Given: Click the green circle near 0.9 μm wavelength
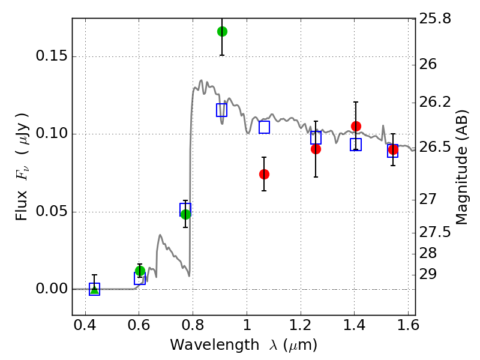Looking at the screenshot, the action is (x=222, y=31).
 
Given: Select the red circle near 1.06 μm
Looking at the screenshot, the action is (x=264, y=174).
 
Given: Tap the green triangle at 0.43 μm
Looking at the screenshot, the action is (x=95, y=289).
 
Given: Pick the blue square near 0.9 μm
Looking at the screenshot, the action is (x=221, y=110).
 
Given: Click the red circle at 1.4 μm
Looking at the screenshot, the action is (x=356, y=126).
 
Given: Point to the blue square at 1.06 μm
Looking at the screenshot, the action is (x=264, y=127).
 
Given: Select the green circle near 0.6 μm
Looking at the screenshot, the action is (x=140, y=271).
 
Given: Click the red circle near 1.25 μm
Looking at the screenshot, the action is (x=316, y=149).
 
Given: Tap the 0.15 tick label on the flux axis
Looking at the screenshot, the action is (x=52, y=56).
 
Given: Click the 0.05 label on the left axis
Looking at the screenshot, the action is (x=52, y=211).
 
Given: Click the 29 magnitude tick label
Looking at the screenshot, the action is (x=428, y=274).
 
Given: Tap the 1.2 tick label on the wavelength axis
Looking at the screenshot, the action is (x=301, y=325).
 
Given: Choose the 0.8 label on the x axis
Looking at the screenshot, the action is (x=193, y=325).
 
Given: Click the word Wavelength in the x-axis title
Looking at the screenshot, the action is (x=215, y=345).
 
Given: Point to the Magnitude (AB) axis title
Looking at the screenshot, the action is (x=461, y=167).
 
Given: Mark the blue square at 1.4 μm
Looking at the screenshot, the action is (x=356, y=145).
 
